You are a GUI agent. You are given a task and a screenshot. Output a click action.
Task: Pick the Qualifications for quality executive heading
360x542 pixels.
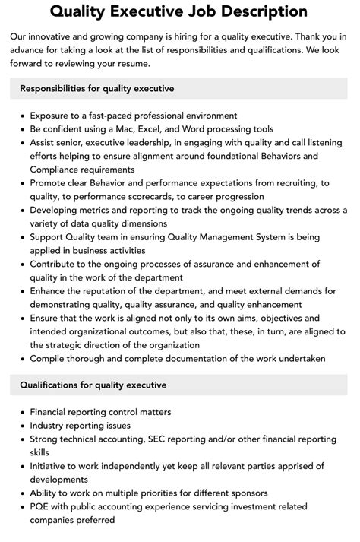pyautogui.click(x=93, y=385)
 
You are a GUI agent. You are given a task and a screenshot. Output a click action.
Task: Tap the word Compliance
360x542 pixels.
pyautogui.click(x=56, y=170)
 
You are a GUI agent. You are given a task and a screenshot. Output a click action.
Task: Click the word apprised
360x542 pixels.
pyautogui.click(x=292, y=466)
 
